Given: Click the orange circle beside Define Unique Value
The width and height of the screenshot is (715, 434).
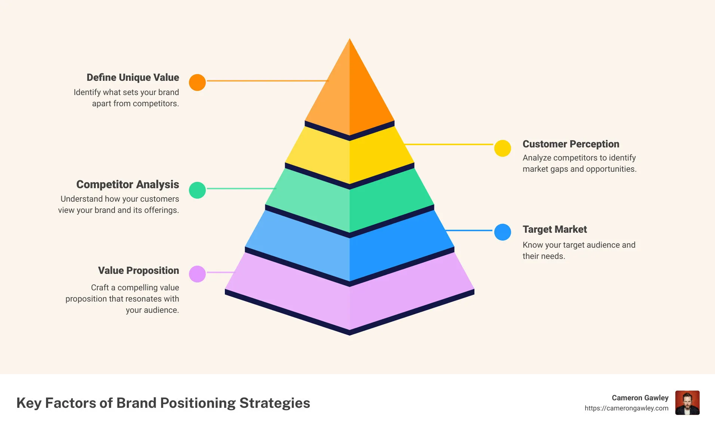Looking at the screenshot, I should tap(197, 82).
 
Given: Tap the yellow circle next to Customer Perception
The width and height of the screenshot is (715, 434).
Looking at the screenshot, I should tap(502, 148).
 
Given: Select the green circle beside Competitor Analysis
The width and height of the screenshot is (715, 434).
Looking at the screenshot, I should tap(197, 190).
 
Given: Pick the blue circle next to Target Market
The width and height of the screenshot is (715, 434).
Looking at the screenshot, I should tap(502, 232).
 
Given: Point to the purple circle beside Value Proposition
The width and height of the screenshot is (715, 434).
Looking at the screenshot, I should tap(197, 274).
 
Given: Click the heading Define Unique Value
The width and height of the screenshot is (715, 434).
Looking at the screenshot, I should tap(133, 77).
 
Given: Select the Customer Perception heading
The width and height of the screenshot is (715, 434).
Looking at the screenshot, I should tap(571, 144).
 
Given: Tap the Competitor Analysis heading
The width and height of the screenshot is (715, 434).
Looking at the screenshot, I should tap(128, 184).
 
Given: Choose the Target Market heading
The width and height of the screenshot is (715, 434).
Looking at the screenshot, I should tap(554, 229).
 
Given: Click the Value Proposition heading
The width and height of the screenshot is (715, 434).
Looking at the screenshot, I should tap(138, 271).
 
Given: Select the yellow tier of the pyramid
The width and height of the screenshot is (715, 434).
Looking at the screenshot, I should tap(349, 157).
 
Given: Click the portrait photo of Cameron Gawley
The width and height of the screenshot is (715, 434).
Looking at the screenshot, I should tap(687, 403).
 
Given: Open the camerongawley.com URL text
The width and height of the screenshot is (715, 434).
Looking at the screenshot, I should tap(626, 408).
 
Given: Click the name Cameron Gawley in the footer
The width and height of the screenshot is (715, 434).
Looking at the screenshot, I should tap(640, 398).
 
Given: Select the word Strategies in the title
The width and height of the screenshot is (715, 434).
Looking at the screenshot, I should tap(275, 403).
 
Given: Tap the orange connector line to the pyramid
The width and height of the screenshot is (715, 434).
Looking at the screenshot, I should tap(267, 81).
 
